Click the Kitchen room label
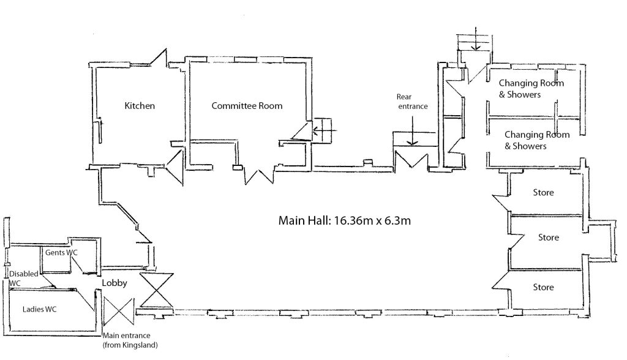click(140, 106)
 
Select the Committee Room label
click(247, 106)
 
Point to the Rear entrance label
click(412, 102)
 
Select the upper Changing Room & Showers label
click(530, 89)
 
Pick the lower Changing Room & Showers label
click(536, 140)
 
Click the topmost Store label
click(543, 193)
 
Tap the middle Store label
click(549, 238)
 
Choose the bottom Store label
click(543, 287)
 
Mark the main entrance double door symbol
click(116, 312)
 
